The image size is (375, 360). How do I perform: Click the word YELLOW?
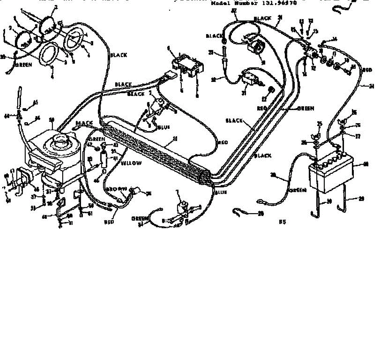[x=131, y=163]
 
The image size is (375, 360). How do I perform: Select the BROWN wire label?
[x=116, y=189]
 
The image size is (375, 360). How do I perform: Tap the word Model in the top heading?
[x=221, y=4]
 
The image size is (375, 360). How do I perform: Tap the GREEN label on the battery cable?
[x=298, y=190]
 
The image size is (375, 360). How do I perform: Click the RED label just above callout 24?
[x=367, y=70]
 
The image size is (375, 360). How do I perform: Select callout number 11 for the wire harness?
[x=175, y=139]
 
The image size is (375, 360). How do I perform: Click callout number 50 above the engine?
[x=52, y=119]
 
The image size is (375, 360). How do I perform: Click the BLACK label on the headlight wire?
[x=119, y=55]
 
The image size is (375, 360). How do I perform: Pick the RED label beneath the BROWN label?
[x=109, y=222]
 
